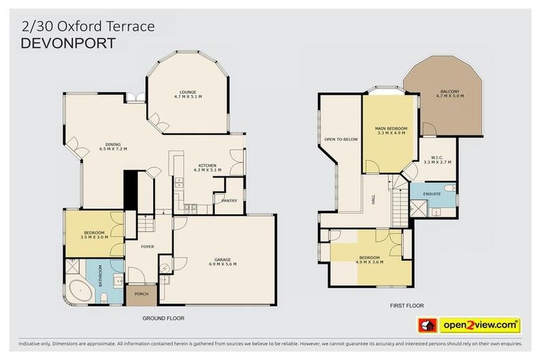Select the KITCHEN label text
click(x=210, y=167)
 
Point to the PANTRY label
click(x=229, y=200)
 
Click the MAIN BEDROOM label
click(x=392, y=130)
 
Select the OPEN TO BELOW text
click(x=340, y=139)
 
